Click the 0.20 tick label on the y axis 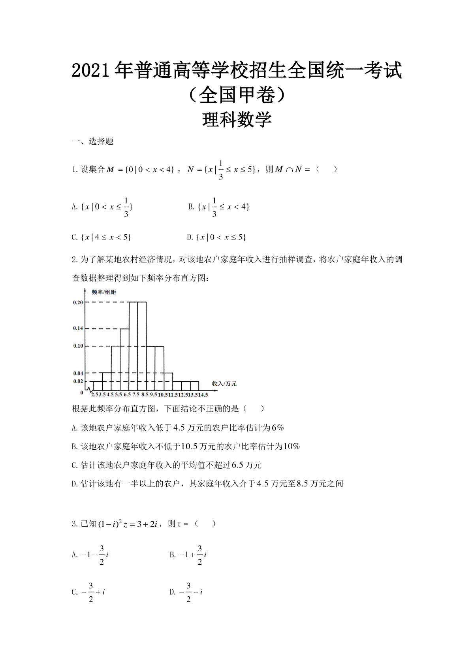click(78, 302)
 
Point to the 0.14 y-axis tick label click(78, 328)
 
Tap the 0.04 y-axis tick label click(78, 373)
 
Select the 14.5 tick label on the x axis click(203, 394)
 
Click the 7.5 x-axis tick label click(135, 394)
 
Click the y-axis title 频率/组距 click(104, 292)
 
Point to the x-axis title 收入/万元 click(224, 384)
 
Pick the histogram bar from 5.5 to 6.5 click(124, 360)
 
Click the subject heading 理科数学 click(237, 120)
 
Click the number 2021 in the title click(90, 70)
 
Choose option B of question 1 click(219, 207)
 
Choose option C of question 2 click(166, 465)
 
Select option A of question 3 click(90, 555)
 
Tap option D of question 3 click(186, 592)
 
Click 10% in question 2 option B click(292, 447)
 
